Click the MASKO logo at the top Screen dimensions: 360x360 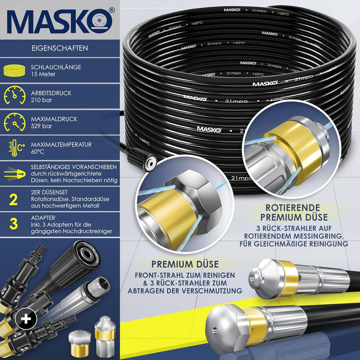coord(60,21)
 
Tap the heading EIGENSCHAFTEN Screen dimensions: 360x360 coord(59,48)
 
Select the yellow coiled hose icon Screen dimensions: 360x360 coord(14,70)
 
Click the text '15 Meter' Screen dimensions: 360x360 coord(43,74)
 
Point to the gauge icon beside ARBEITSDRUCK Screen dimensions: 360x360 coord(14,95)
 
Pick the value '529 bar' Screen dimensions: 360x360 coord(41,126)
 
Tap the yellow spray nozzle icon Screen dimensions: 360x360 coord(14,174)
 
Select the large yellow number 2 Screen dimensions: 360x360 coord(13,199)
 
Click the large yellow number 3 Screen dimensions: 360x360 coord(13,223)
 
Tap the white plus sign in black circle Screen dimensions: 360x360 coord(26,318)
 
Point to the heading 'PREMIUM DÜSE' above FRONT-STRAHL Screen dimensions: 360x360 coord(185,264)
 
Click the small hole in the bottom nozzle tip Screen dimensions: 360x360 coord(214,330)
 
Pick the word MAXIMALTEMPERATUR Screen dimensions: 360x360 coord(61,144)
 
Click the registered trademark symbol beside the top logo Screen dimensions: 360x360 coord(111,10)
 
